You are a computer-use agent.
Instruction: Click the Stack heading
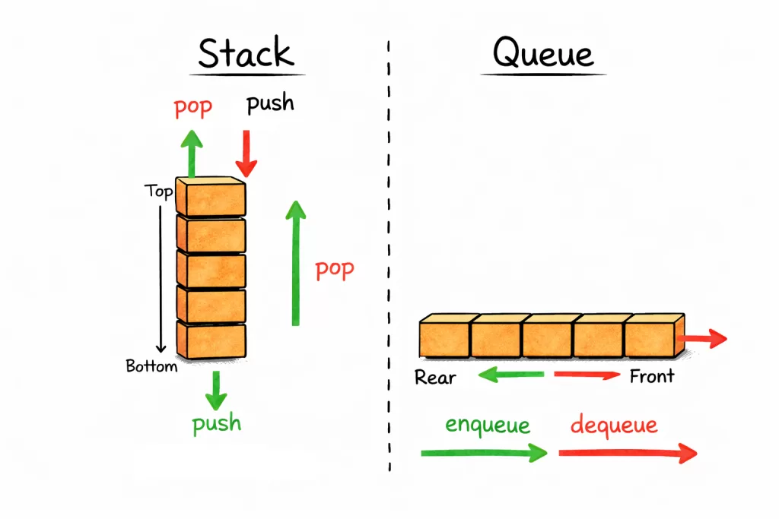pos(246,53)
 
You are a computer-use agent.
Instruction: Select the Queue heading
pos(542,54)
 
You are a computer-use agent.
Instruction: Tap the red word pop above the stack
pos(192,106)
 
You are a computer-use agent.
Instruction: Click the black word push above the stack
pos(270,103)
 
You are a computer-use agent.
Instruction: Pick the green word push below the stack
pos(217,422)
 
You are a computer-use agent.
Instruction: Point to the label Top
pos(158,191)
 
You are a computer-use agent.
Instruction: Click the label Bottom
pos(151,366)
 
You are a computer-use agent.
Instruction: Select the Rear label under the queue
pos(435,377)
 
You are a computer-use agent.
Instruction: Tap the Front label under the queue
pos(652,376)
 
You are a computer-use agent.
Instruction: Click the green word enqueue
pos(488,424)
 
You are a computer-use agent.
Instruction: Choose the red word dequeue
pos(614,424)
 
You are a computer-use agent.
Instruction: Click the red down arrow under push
pos(246,153)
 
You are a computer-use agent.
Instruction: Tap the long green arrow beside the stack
pos(295,262)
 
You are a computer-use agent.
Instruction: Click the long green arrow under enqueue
pos(484,453)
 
